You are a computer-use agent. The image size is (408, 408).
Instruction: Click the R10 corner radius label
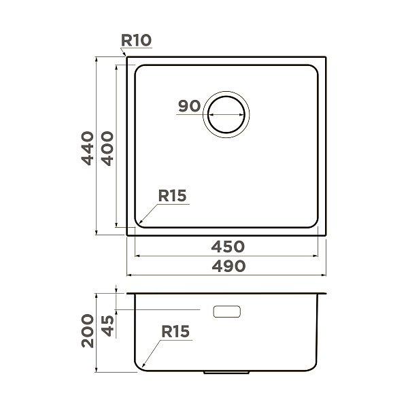click(x=136, y=41)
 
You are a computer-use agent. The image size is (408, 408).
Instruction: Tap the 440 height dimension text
click(x=88, y=148)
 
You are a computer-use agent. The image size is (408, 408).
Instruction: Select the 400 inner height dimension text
click(x=107, y=148)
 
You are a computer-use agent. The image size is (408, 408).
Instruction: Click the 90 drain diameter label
click(x=190, y=106)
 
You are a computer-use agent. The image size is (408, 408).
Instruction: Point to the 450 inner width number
click(x=228, y=246)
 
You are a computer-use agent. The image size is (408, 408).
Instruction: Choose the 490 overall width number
click(x=228, y=266)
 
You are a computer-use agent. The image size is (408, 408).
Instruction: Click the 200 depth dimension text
click(x=88, y=330)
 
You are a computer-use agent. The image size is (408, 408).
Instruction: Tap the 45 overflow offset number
click(x=107, y=326)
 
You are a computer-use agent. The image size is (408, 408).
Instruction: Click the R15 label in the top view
click(x=172, y=195)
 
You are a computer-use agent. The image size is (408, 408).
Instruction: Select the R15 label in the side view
click(x=175, y=332)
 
